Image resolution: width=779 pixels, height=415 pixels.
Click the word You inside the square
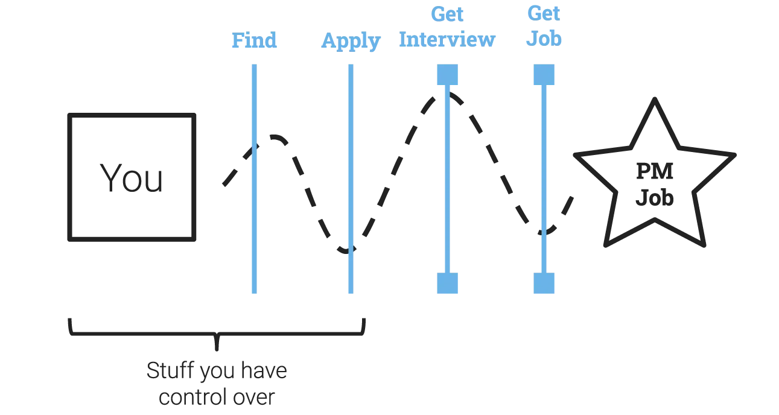pyautogui.click(x=131, y=177)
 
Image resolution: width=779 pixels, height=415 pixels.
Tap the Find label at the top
pyautogui.click(x=255, y=40)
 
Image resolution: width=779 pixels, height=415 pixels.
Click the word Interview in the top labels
pyautogui.click(x=447, y=40)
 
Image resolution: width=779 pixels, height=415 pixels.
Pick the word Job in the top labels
pyautogui.click(x=544, y=40)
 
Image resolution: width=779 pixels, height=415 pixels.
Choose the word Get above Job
pyautogui.click(x=542, y=13)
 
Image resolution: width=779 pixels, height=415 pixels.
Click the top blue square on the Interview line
pyautogui.click(x=447, y=75)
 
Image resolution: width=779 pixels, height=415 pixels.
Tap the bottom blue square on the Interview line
pyautogui.click(x=447, y=282)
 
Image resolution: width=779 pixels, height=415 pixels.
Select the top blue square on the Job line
pyautogui.click(x=543, y=75)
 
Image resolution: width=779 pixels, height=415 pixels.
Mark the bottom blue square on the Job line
pyautogui.click(x=543, y=282)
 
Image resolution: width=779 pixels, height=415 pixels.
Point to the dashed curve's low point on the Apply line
pyautogui.click(x=346, y=250)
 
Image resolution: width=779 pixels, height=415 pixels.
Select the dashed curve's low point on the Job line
pyautogui.click(x=545, y=232)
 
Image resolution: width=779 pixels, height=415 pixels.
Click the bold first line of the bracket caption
pyautogui.click(x=217, y=372)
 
